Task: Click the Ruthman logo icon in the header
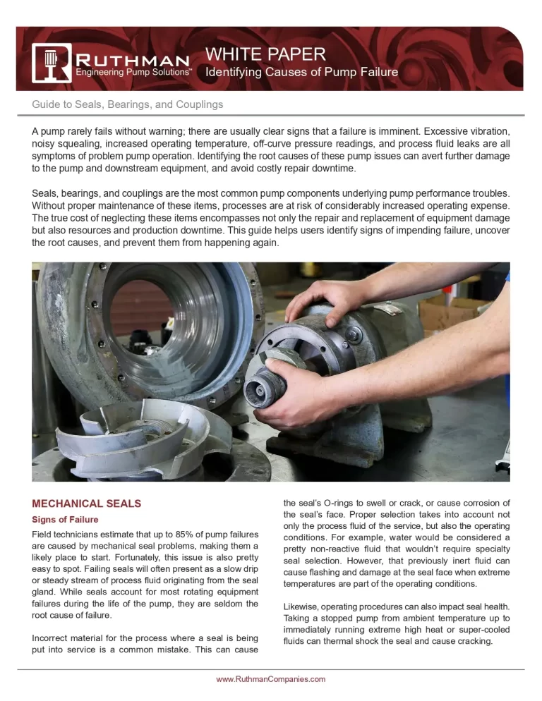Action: coord(51,63)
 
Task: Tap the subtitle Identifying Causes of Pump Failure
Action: coord(301,72)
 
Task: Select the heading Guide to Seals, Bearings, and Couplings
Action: coord(128,104)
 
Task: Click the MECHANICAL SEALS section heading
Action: coord(87,504)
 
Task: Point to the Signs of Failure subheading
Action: coord(65,520)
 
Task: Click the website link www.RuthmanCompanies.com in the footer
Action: coord(270,679)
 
